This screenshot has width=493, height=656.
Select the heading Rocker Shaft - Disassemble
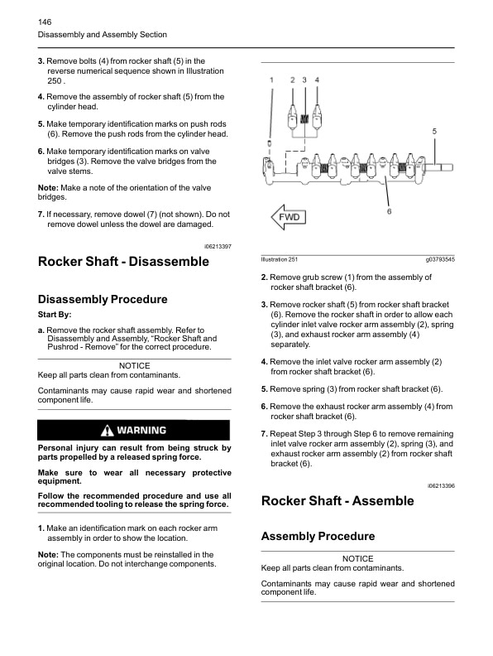pyautogui.click(x=123, y=263)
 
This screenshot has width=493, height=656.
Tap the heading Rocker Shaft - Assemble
pyautogui.click(x=337, y=501)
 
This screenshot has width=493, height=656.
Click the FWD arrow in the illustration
pyautogui.click(x=287, y=217)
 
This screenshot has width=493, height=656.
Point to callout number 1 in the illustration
pyautogui.click(x=271, y=80)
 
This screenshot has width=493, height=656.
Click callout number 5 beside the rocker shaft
pyautogui.click(x=434, y=132)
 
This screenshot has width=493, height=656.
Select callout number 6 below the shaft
pyautogui.click(x=389, y=212)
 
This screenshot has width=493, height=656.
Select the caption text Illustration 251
pyautogui.click(x=280, y=260)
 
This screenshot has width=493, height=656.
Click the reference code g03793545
pyautogui.click(x=439, y=260)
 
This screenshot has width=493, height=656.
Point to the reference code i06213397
pyautogui.click(x=217, y=247)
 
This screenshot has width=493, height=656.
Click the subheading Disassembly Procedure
pyautogui.click(x=103, y=300)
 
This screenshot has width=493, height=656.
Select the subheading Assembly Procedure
pyautogui.click(x=318, y=537)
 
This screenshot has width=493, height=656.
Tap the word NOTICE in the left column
pyautogui.click(x=135, y=365)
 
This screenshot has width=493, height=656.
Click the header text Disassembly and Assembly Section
pyautogui.click(x=103, y=35)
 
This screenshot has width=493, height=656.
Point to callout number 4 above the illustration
pyautogui.click(x=318, y=80)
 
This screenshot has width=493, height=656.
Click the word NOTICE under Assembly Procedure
pyautogui.click(x=357, y=559)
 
